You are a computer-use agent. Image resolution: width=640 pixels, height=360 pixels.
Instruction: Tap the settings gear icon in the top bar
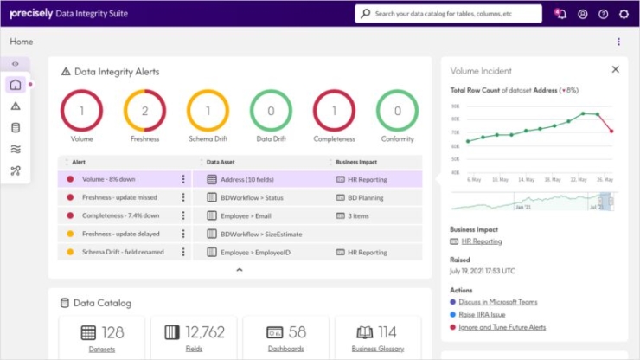coord(624,14)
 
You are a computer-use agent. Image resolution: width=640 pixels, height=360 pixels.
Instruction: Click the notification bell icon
coord(560,14)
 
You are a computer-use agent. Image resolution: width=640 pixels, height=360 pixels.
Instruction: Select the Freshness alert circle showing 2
coord(144,111)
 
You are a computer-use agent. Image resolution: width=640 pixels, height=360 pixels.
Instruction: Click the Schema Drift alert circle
coord(208,111)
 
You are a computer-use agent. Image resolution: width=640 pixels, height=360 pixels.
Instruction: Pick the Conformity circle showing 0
coord(397,111)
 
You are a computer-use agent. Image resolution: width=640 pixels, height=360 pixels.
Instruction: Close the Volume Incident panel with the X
coord(616,69)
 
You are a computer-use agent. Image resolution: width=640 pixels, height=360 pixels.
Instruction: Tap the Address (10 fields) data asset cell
coord(245,180)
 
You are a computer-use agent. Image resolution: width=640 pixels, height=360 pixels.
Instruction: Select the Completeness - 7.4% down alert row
coord(120,215)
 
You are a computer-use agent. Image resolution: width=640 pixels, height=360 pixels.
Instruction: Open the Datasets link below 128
coord(101,349)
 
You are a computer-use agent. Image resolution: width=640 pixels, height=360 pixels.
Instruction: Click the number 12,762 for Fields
coord(204,332)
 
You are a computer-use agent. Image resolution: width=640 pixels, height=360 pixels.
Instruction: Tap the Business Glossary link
coord(376,349)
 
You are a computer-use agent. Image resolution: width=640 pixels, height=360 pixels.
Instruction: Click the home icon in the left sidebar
coord(16,85)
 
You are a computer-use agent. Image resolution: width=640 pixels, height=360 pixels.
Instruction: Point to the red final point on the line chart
coord(611,132)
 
